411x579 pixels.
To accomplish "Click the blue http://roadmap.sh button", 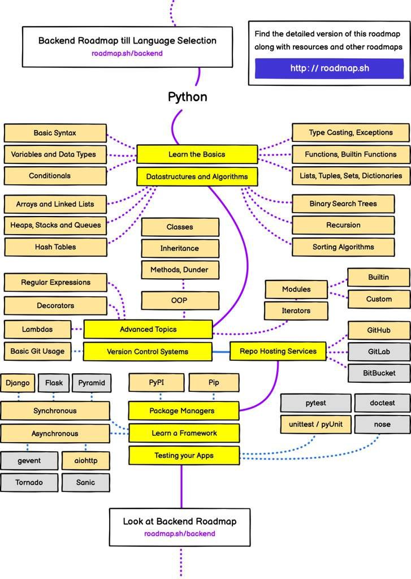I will click(330, 68).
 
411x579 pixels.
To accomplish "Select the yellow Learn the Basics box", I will click(197, 154).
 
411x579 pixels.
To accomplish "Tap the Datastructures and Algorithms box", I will click(197, 177).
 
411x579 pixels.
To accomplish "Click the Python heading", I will click(187, 97).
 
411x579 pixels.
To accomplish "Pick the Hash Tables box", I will click(55, 247).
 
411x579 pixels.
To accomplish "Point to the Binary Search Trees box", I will click(343, 204).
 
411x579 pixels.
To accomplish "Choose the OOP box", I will click(179, 300).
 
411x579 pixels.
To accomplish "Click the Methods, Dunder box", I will click(179, 270).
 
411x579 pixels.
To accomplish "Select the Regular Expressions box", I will click(55, 282).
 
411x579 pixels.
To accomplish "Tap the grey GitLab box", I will click(378, 351).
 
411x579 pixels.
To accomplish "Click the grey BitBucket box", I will click(378, 373).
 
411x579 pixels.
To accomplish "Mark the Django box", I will click(18, 383).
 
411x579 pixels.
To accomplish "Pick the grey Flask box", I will click(54, 383).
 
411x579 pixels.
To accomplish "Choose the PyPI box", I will click(157, 383).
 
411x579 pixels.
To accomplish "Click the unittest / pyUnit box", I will click(315, 424).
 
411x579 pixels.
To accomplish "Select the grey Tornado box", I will click(29, 482).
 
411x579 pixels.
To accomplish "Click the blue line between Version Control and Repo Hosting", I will click(221, 352).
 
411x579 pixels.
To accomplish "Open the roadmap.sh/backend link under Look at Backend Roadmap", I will click(179, 534).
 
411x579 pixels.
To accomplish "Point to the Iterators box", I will click(296, 310).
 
